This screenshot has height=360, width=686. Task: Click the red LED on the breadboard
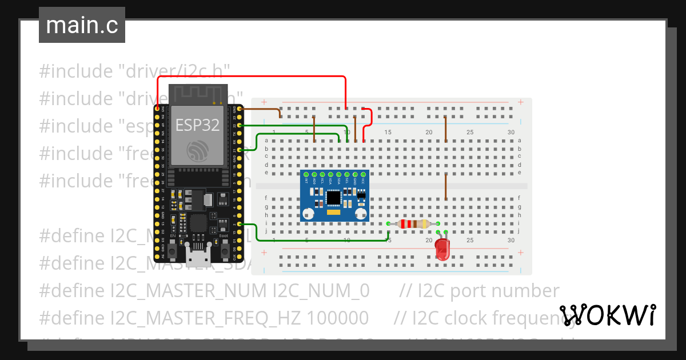click(442, 249)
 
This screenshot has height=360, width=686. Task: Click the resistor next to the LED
click(413, 224)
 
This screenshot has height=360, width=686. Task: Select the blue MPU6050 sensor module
click(334, 196)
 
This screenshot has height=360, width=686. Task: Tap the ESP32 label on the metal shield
click(197, 125)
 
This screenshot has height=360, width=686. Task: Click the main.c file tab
click(82, 26)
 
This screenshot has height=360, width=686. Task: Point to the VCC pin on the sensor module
click(362, 174)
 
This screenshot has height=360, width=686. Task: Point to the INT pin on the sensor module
click(306, 174)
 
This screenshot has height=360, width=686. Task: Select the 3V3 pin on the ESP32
click(158, 107)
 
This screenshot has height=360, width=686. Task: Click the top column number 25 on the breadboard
click(469, 133)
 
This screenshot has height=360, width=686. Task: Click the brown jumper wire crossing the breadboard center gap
click(446, 186)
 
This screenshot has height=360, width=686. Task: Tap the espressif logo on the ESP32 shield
click(197, 150)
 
